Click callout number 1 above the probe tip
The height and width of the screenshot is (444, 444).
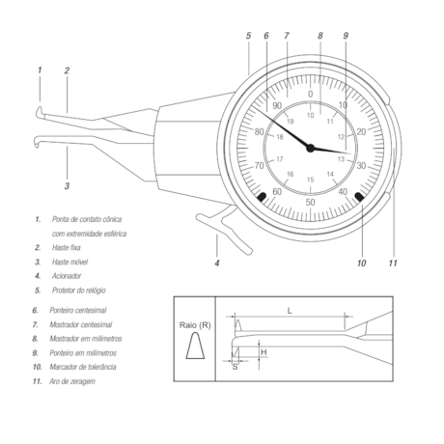pyautogui.click(x=40, y=69)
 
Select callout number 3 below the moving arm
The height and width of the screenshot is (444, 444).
pyautogui.click(x=67, y=184)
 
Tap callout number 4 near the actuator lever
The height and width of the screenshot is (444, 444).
pyautogui.click(x=216, y=263)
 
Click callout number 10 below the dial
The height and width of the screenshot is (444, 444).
pyautogui.click(x=361, y=263)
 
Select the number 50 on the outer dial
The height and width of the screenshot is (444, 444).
pyautogui.click(x=310, y=202)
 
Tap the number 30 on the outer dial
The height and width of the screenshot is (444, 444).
pyautogui.click(x=360, y=166)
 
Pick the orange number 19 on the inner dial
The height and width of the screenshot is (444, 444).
pyautogui.click(x=289, y=122)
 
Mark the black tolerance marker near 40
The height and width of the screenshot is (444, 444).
pyautogui.click(x=359, y=197)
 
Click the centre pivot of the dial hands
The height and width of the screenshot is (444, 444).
pyautogui.click(x=311, y=148)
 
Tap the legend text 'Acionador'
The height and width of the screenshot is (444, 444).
pyautogui.click(x=68, y=275)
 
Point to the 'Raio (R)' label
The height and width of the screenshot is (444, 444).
pyautogui.click(x=196, y=328)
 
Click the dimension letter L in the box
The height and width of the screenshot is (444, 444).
pyautogui.click(x=290, y=311)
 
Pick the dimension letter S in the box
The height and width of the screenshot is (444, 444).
pyautogui.click(x=235, y=367)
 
